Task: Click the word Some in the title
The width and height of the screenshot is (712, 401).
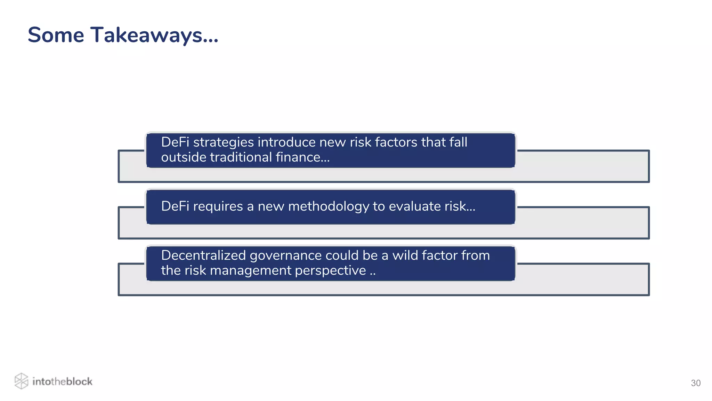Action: click(x=56, y=35)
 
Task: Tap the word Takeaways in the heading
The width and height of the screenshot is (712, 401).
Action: click(x=146, y=36)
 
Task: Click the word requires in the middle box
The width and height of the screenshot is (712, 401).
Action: click(x=218, y=207)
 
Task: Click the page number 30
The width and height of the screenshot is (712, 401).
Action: click(x=695, y=383)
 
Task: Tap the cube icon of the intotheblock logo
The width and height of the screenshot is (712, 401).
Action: click(x=21, y=381)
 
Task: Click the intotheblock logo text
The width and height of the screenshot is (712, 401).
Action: click(x=62, y=382)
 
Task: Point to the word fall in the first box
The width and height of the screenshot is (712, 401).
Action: click(x=458, y=142)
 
